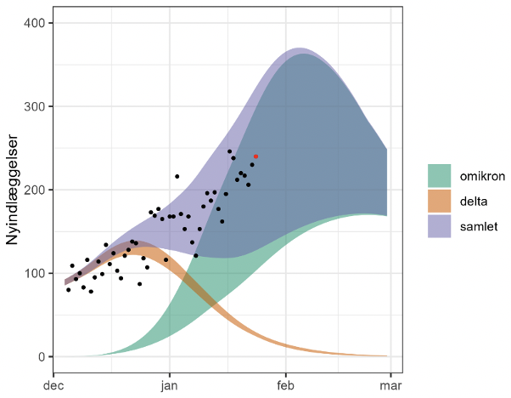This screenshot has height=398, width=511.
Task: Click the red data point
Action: coord(255,156)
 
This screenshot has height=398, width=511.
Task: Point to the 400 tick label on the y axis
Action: coord(36,22)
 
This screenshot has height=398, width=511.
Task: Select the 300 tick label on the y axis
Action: coord(36,106)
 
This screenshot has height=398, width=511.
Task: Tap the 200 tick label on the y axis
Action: coord(36,190)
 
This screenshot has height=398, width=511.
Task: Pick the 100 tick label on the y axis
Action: coord(36,273)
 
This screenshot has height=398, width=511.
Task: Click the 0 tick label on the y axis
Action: coord(42,356)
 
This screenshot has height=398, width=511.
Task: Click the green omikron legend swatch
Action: coord(439,177)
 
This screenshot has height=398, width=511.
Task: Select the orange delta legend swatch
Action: coord(439,201)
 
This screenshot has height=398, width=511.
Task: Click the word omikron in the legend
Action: coord(482,177)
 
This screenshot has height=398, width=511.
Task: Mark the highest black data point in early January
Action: coord(177,176)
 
